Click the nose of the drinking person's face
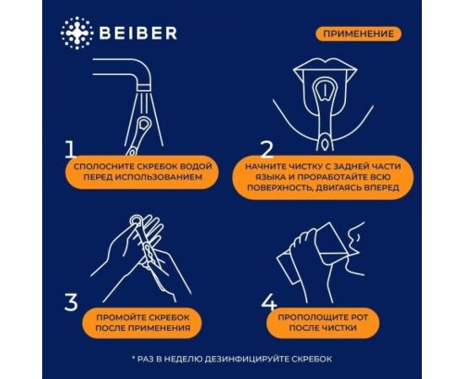[361, 233]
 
